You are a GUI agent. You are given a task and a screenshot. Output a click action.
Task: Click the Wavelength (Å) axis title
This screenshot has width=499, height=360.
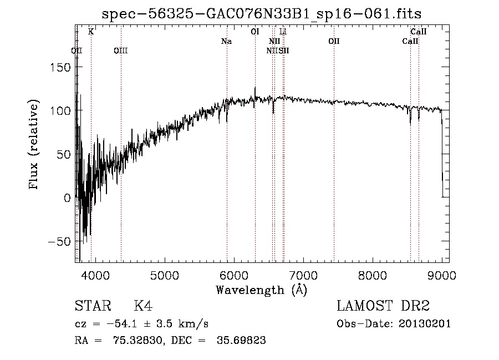coord(261,290)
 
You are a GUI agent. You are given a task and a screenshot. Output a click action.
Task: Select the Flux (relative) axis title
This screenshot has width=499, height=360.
coord(34,145)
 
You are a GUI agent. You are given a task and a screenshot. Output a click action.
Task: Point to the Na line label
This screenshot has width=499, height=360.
coord(226,42)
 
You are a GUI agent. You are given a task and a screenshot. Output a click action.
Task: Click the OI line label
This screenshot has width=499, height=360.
coord(255,32)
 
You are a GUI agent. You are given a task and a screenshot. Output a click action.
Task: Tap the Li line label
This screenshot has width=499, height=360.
coord(283,32)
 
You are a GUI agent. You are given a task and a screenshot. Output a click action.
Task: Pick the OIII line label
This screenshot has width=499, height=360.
coord(120,51)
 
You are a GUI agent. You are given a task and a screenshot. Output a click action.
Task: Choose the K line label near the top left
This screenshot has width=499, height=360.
coord(91,32)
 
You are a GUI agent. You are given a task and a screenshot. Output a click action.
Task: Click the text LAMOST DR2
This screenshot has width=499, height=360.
coord(383,306)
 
